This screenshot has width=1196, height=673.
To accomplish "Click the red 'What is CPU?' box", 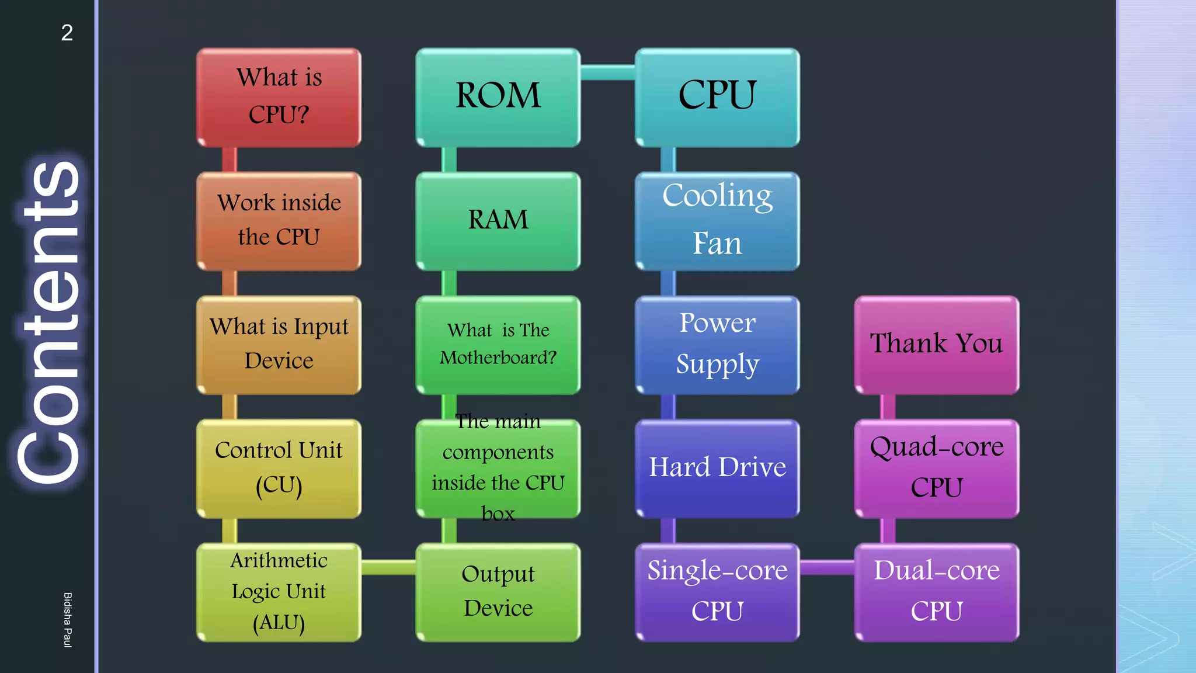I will click(279, 97).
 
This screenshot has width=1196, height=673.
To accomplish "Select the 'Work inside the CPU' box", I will click(279, 221).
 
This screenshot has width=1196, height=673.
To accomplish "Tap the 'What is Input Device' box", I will click(279, 345).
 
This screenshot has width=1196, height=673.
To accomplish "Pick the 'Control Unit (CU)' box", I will click(279, 469).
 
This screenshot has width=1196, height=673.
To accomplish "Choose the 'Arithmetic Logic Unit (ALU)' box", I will click(279, 592).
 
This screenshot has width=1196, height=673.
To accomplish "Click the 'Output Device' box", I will click(498, 592).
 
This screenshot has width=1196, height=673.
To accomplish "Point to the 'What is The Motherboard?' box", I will click(498, 345).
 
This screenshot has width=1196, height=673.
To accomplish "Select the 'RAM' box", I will click(498, 221).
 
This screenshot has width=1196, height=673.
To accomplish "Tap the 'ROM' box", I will click(498, 97).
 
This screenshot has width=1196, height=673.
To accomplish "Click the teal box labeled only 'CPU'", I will click(717, 97).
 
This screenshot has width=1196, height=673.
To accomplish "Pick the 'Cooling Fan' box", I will click(717, 221).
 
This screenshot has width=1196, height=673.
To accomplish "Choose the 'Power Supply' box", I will click(717, 345).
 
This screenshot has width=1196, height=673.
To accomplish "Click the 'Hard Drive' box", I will click(717, 469).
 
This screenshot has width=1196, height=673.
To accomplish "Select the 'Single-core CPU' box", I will click(717, 592).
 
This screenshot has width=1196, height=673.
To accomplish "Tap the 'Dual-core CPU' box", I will click(936, 592).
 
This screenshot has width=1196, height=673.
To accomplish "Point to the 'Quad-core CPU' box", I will click(936, 469).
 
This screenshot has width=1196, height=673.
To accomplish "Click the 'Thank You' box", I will click(936, 345).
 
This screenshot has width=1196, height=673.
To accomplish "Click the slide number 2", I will click(67, 33).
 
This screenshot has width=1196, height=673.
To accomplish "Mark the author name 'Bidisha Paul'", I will click(68, 620).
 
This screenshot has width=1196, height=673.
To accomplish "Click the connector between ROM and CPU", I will click(607, 72).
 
